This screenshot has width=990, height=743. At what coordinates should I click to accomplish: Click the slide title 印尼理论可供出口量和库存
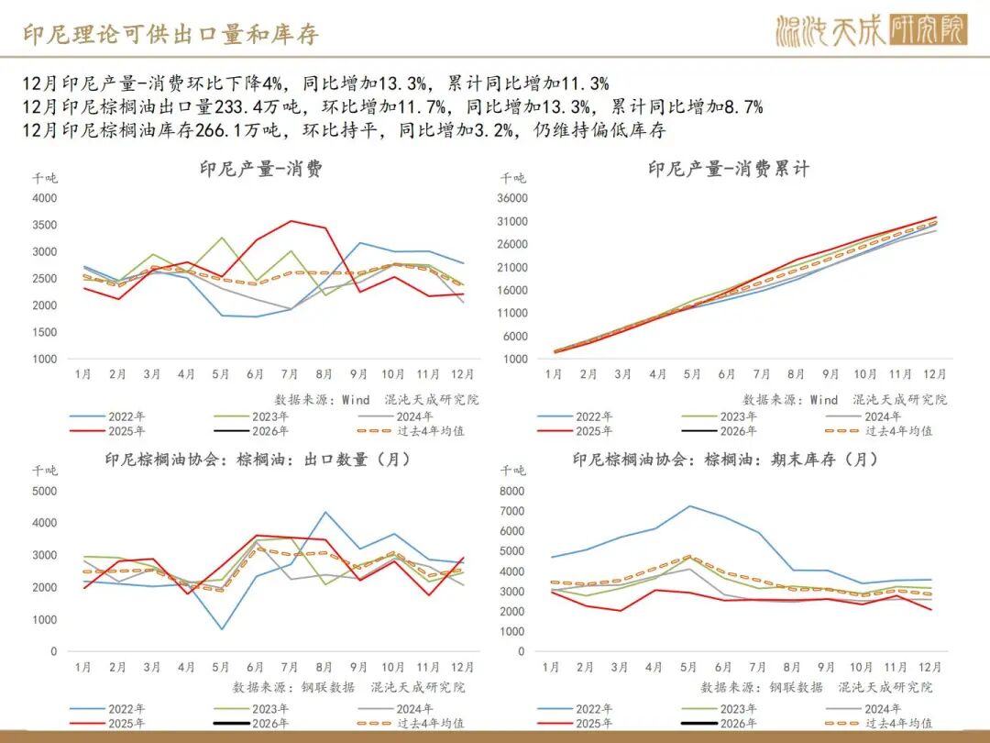point(170,34)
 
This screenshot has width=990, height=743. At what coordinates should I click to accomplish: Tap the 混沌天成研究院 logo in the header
point(870,31)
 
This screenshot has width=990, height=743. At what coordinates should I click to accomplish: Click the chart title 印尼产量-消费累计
point(729,169)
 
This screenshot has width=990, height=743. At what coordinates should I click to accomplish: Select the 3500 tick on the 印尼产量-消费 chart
point(43,225)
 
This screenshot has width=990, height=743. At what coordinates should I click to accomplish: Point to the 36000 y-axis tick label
point(512,198)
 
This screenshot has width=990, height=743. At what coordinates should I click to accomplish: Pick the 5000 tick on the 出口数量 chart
point(43,491)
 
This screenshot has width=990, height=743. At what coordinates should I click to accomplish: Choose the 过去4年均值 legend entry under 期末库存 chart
point(895,723)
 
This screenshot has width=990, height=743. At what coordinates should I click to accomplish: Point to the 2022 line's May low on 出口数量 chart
point(221,629)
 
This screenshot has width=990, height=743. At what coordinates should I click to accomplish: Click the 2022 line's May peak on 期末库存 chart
point(690,506)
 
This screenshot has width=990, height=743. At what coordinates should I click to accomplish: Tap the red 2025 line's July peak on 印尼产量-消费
point(291,221)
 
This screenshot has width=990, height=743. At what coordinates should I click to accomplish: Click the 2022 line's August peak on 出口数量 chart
point(324,512)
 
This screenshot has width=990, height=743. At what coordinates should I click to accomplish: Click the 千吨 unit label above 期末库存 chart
point(512,471)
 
